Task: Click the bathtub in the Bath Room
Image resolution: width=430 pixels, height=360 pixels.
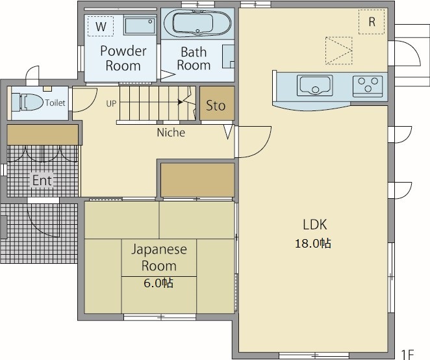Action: coord(197,23)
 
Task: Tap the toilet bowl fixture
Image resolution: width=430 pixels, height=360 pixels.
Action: coord(28,103)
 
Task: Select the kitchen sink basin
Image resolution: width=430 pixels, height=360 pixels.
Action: coord(315,85)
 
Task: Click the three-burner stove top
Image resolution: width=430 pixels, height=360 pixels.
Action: coord(368,86)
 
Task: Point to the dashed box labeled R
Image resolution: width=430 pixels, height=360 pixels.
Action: coord(372,21)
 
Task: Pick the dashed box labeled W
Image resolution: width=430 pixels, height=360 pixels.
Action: coord(101,26)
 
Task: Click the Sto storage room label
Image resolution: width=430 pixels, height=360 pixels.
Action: coord(216,106)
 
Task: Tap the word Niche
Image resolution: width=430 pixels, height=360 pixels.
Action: coord(171,133)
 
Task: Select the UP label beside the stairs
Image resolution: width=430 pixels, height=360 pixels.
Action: coord(111,103)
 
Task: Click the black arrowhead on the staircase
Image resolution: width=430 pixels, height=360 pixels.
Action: coord(180,102)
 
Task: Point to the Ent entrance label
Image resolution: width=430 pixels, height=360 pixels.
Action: coord(42,181)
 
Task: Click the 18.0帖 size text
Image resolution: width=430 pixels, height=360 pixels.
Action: coord(313,244)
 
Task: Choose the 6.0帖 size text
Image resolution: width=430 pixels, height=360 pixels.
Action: coord(158,283)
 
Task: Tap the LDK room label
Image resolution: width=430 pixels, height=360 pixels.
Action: coord(315,224)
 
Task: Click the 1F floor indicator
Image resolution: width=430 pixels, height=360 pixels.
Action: coord(407,354)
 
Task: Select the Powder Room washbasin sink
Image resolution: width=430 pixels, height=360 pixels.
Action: coord(140,25)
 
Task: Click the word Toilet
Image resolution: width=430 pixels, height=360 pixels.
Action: coord(55,103)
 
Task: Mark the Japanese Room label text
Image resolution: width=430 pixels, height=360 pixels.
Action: coord(159,257)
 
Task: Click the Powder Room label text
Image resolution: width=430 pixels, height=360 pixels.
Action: coord(123,58)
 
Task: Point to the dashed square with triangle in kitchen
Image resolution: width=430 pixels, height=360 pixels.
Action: coord(338,51)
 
